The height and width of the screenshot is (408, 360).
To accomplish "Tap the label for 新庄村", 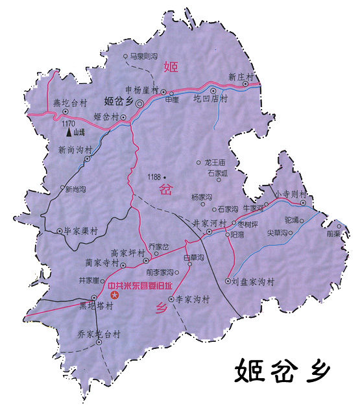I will (x=240, y=77).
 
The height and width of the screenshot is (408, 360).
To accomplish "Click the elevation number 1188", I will (x=154, y=176).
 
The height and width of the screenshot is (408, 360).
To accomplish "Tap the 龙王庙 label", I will (x=214, y=162).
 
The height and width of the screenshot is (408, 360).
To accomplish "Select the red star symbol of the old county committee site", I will (x=115, y=295).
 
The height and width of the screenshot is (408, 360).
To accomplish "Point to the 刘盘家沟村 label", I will (x=254, y=282).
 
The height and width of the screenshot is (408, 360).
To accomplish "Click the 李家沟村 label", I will (x=193, y=300).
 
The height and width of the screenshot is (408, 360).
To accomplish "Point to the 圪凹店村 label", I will (x=211, y=99).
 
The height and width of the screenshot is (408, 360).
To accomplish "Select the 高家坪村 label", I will (x=127, y=253).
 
